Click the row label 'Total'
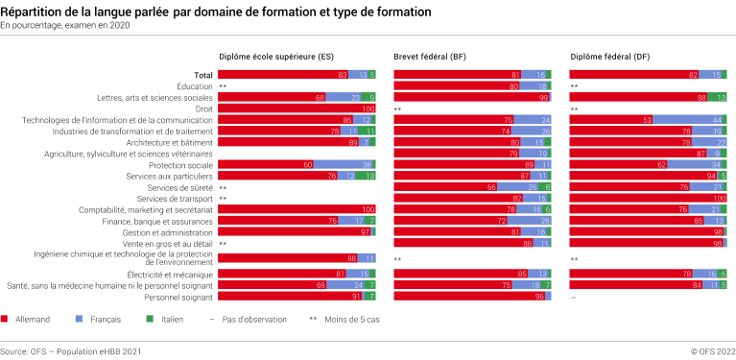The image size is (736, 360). point(202,74)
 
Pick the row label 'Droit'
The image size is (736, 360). point(202,108)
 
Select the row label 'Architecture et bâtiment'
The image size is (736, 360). point(167,142)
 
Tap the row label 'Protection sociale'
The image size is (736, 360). point(178,164)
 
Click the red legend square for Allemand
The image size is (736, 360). point(6,317)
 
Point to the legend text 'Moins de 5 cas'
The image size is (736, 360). point(344,317)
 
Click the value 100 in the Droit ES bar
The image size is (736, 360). point(368,108)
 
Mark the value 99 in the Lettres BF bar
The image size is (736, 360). point(542,98)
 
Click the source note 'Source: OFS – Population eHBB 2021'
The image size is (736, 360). point(71,352)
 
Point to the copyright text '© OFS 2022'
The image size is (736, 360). point(710,352)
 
